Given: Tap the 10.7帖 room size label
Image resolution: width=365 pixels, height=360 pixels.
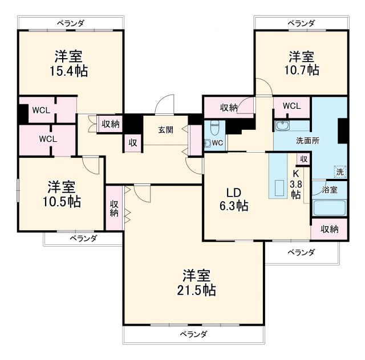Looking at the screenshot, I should click(301, 70).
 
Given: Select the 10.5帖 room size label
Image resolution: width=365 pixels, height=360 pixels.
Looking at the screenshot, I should click(63, 201).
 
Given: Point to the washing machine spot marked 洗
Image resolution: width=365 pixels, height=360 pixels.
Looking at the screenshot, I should click(339, 171).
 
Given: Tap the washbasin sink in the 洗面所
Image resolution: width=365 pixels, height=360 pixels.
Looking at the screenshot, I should click(281, 126).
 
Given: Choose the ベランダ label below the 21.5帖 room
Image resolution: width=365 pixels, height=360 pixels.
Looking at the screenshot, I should click(193, 334).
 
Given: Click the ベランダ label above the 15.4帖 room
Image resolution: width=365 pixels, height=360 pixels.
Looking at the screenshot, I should click(71, 23).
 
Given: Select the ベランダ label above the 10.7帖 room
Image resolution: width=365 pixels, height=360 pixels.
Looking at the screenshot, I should click(301, 23).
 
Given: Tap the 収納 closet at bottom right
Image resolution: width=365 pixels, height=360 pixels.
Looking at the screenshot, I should click(329, 229).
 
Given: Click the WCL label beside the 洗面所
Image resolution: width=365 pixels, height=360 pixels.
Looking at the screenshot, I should click(291, 106).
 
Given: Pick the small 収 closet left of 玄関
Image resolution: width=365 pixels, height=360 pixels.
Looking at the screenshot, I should click(132, 143).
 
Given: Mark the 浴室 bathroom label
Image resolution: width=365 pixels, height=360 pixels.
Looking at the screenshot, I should click(330, 189).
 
